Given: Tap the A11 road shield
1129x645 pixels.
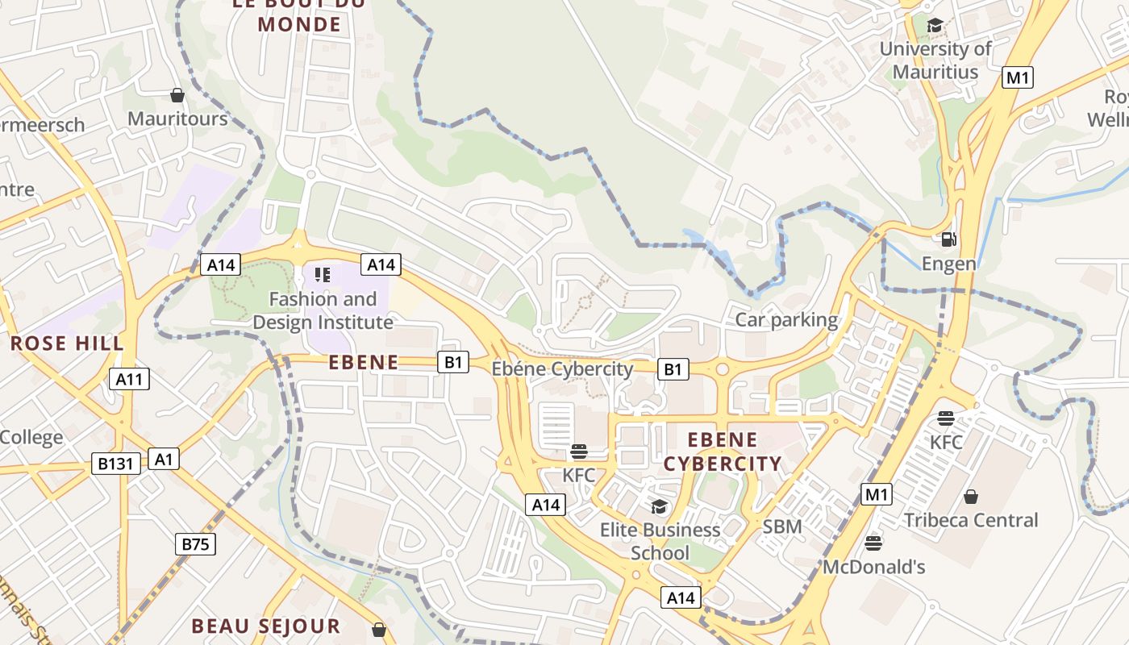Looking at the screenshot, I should (129, 379).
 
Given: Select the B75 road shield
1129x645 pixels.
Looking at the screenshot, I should (195, 544).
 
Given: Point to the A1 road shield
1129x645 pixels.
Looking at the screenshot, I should (164, 460).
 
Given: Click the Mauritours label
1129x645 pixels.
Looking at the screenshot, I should (177, 119).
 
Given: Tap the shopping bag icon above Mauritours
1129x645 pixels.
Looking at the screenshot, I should (177, 95).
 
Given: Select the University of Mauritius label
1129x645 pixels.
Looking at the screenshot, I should (935, 60).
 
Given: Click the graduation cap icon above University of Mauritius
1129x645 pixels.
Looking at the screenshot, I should (935, 26).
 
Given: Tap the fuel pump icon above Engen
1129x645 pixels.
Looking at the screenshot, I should (949, 239).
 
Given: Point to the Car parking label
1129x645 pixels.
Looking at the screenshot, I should (786, 320).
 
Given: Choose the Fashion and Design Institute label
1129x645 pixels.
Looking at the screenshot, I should (323, 310).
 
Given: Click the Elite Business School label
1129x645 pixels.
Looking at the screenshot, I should (660, 541).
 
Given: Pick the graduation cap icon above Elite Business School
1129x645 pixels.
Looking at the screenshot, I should (660, 506).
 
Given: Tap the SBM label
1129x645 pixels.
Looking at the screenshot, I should (782, 526).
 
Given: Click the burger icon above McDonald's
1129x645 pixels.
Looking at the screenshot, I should (873, 543).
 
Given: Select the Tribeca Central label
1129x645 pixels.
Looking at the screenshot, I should (971, 520).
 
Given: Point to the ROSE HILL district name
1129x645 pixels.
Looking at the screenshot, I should (68, 343).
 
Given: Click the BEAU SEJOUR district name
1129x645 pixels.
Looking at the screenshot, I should (266, 626).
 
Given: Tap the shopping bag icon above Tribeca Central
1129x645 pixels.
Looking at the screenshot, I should (971, 496).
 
